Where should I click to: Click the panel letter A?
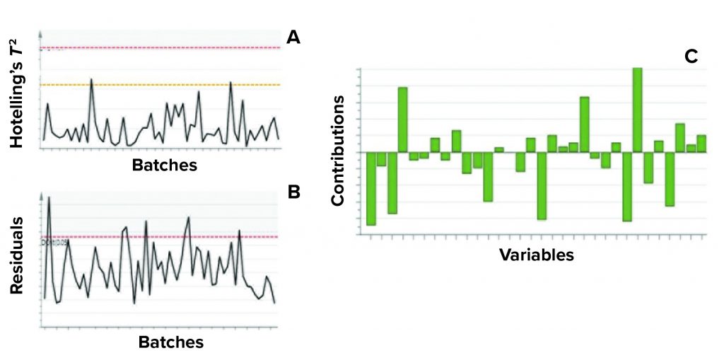(x=293, y=37)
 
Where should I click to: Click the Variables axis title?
(x=537, y=254)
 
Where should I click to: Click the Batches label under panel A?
(x=165, y=166)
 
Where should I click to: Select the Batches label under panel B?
(x=171, y=342)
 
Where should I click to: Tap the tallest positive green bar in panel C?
(x=637, y=110)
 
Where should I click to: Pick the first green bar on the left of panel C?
(x=371, y=188)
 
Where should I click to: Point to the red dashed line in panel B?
(x=177, y=237)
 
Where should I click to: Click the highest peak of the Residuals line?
(x=49, y=199)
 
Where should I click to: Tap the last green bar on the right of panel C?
(x=701, y=143)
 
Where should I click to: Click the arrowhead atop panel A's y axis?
(x=42, y=33)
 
